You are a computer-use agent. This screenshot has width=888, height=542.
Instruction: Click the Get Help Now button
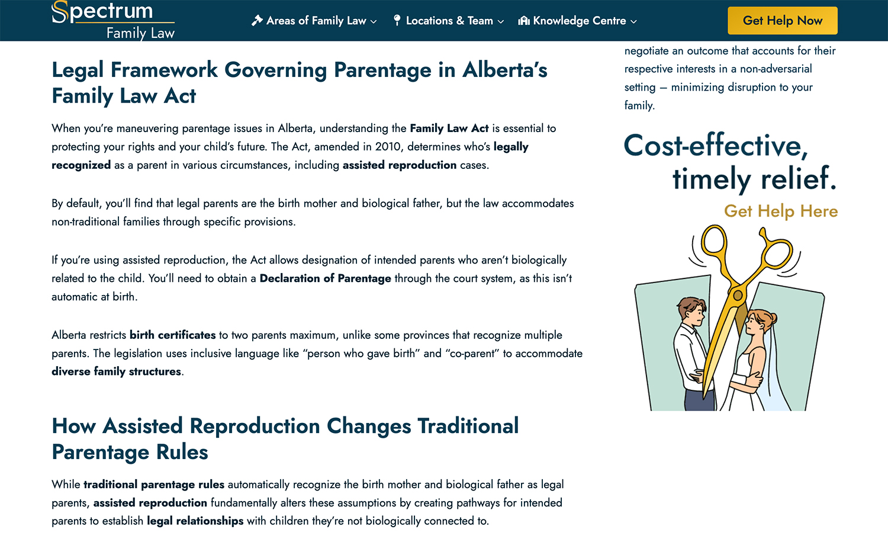pyautogui.click(x=783, y=20)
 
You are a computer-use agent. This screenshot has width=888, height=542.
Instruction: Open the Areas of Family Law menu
pyautogui.click(x=314, y=21)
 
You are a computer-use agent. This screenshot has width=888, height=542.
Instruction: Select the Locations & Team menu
pyautogui.click(x=448, y=21)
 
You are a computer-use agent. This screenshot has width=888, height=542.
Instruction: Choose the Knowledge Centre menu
pyautogui.click(x=577, y=21)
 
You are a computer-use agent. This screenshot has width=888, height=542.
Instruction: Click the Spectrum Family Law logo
pyautogui.click(x=113, y=20)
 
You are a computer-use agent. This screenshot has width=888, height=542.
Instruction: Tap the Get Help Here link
pyautogui.click(x=781, y=211)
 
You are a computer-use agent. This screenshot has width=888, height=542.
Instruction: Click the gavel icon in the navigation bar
pyautogui.click(x=257, y=21)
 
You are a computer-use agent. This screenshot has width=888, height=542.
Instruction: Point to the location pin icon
pyautogui.click(x=397, y=20)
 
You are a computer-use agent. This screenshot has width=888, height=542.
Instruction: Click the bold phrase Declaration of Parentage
pyautogui.click(x=325, y=278)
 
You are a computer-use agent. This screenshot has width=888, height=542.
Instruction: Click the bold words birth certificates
pyautogui.click(x=172, y=335)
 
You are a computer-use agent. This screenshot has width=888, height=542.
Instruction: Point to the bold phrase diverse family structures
pyautogui.click(x=116, y=371)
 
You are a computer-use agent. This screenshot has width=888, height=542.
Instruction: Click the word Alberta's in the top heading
pyautogui.click(x=504, y=70)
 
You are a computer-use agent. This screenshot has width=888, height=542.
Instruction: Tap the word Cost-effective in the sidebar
pyautogui.click(x=716, y=146)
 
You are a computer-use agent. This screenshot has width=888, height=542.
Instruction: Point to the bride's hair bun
pyautogui.click(x=772, y=318)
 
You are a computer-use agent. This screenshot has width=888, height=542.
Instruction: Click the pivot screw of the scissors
pyautogui.click(x=738, y=295)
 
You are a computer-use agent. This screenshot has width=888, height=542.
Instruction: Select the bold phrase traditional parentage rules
pyautogui.click(x=154, y=485)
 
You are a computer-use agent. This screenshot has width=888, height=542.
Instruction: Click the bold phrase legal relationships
pyautogui.click(x=195, y=521)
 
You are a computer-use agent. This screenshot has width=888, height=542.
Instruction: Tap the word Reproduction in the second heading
pyautogui.click(x=255, y=426)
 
